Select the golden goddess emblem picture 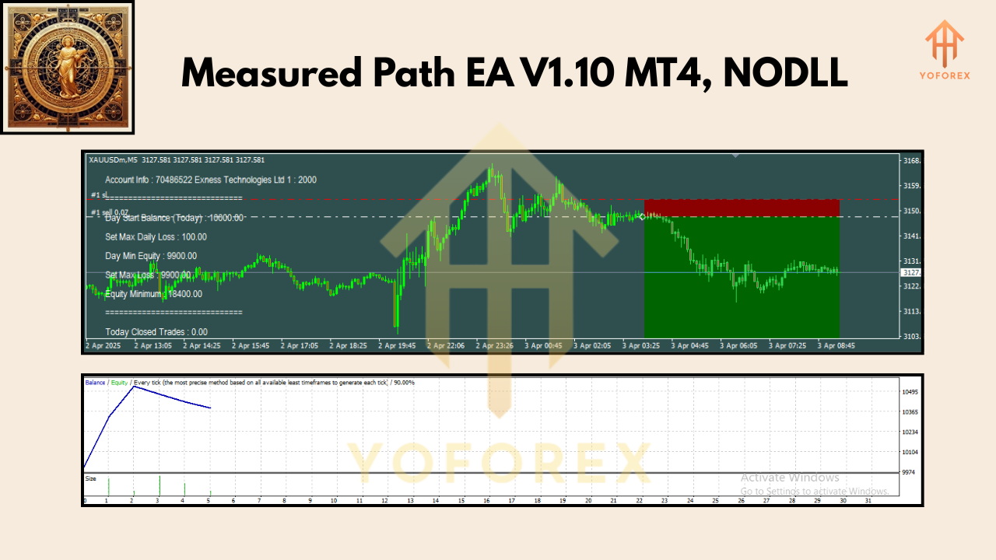67,67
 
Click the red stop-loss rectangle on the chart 741,208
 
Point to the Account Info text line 210,180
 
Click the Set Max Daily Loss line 156,236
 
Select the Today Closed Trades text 156,332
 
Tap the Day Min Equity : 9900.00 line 151,256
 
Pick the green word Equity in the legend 119,383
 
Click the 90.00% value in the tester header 402,383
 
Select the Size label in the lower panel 91,478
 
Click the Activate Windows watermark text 790,478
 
